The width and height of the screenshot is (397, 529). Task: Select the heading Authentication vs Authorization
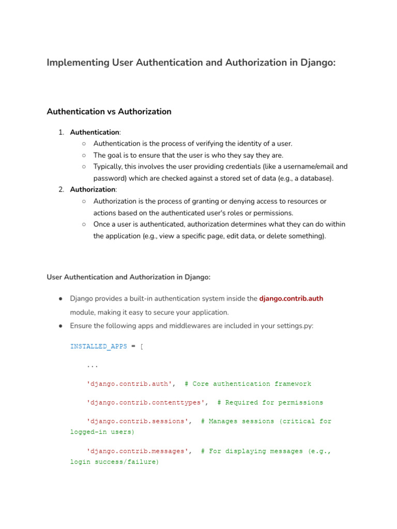(109, 112)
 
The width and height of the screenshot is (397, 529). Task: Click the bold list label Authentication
(95, 132)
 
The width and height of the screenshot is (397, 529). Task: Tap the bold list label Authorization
(93, 190)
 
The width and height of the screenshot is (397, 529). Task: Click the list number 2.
(61, 190)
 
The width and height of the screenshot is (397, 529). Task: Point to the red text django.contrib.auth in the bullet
(291, 298)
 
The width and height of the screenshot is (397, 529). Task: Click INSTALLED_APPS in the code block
(98, 346)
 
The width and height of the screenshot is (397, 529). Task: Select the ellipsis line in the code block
(93, 365)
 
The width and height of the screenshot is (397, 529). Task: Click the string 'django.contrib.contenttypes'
(147, 402)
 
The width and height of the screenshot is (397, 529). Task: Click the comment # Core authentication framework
(248, 384)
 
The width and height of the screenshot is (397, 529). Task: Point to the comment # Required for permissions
(270, 402)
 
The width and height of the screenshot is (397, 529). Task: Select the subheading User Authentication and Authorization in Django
(129, 277)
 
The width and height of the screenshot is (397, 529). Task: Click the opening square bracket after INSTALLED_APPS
(142, 346)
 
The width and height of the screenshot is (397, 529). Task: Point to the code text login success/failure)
(114, 462)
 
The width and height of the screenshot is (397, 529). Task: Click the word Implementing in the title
(78, 63)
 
